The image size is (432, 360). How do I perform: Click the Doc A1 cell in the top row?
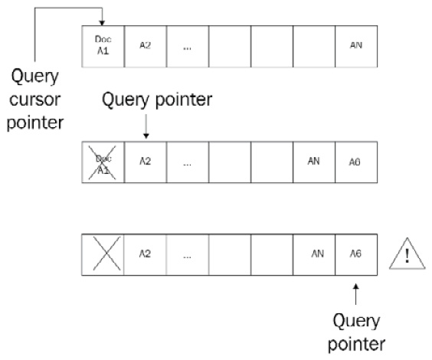point(103,45)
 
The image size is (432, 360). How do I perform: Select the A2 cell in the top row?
point(145,45)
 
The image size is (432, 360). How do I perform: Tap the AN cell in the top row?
point(356,45)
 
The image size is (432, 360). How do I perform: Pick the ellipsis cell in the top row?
point(187,45)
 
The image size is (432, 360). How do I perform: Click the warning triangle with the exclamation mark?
point(406,253)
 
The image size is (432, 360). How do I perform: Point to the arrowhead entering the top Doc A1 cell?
point(103,22)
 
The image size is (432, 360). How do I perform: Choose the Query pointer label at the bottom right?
point(357,330)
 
